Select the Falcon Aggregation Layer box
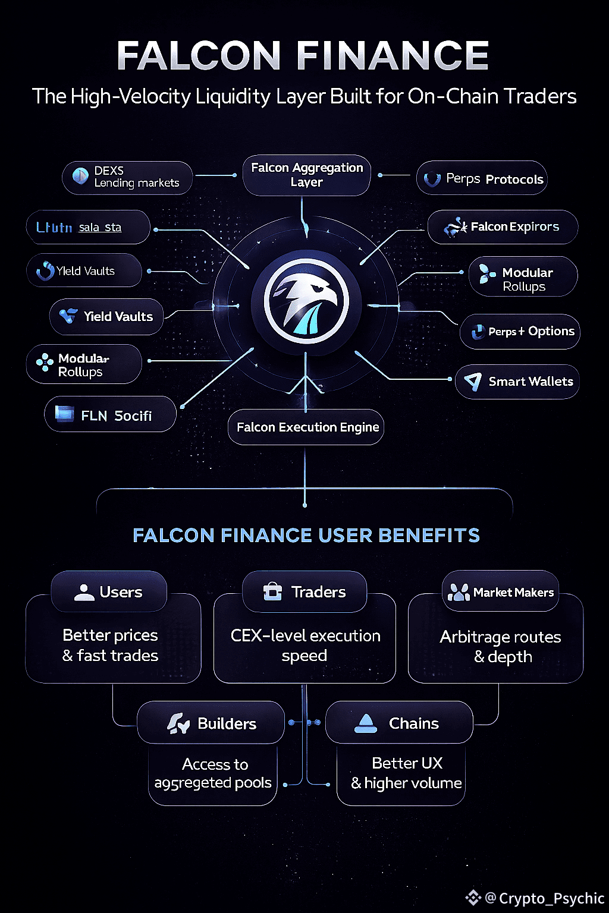pos(307,175)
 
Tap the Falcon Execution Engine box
pos(306,427)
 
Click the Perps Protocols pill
pos(482,178)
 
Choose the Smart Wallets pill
pos(517,382)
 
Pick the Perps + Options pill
pos(520,332)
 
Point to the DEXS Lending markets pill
pos(127,177)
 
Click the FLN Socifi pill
pos(111,415)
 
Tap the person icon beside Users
pos(84,592)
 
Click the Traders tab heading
pos(305,592)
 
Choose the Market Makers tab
pos(501,592)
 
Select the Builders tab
pos(211,723)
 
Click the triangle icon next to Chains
pos(366,723)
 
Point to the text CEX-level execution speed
pos(305,646)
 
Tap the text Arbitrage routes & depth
pos(501,647)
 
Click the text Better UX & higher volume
pos(407,773)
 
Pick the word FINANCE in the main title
pos(393,56)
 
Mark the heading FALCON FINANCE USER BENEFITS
pos(306,535)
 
